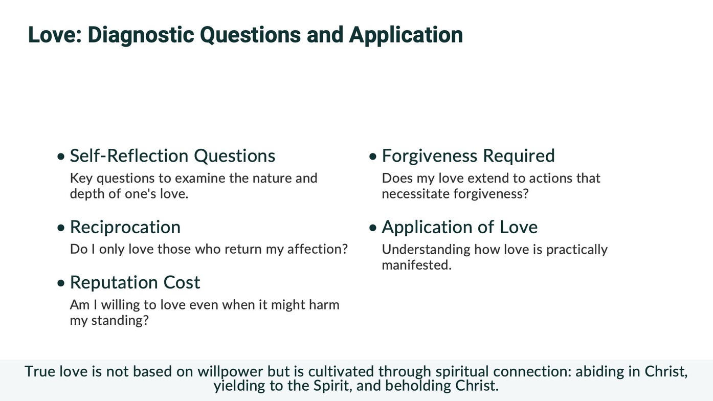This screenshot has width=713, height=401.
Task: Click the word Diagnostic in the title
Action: pyautogui.click(x=141, y=35)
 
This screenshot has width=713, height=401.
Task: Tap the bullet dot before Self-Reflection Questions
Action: pyautogui.click(x=61, y=157)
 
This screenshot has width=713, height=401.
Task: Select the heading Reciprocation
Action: pyautogui.click(x=125, y=227)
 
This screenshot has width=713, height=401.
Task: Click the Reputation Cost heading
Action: pyautogui.click(x=135, y=282)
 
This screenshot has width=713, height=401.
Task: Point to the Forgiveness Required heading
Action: pyautogui.click(x=468, y=156)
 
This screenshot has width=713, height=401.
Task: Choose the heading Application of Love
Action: pyautogui.click(x=460, y=227)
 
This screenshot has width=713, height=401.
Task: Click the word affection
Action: pyautogui.click(x=317, y=249)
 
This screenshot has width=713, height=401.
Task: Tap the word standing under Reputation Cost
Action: pyautogui.click(x=120, y=321)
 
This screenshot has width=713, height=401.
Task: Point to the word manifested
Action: pyautogui.click(x=417, y=265)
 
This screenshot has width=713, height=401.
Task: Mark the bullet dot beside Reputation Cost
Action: pyautogui.click(x=61, y=283)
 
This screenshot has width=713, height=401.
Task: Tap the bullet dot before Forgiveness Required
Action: pyautogui.click(x=373, y=157)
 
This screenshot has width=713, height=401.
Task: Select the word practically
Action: pyautogui.click(x=577, y=250)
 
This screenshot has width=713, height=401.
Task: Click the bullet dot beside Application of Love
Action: pyautogui.click(x=373, y=228)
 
